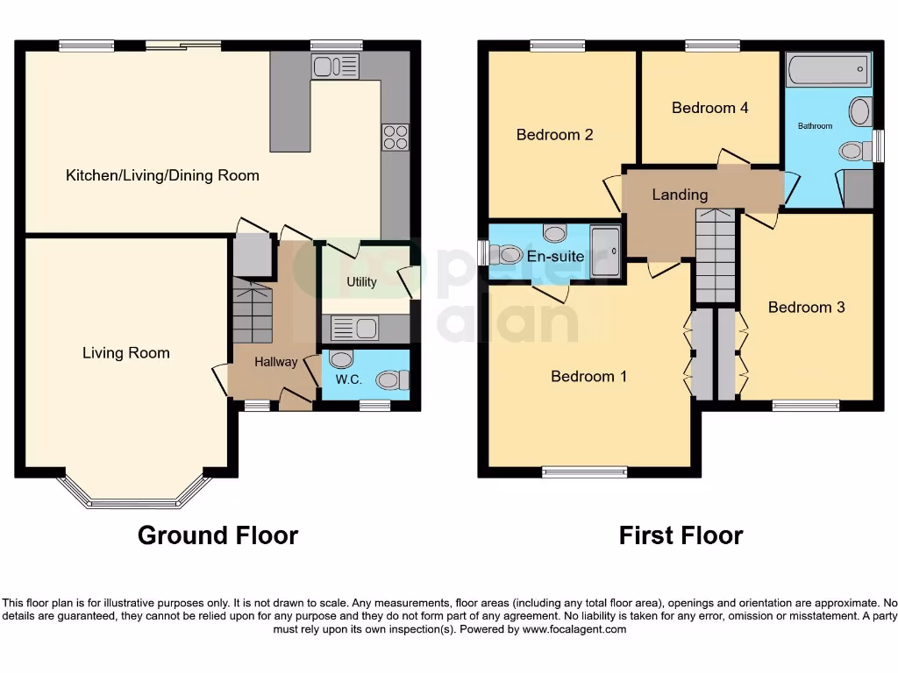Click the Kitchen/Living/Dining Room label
162,175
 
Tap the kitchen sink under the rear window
335,66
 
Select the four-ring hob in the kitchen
395,138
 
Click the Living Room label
126,353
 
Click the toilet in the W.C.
391,379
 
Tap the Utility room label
361,281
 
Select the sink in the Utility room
354,329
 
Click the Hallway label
276,361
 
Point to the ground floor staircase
252,312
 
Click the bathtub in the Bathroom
827,69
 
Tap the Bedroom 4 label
709,108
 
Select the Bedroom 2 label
554,135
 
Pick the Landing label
680,195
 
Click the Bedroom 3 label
806,308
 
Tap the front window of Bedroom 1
584,471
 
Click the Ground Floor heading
217,535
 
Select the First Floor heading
681,535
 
